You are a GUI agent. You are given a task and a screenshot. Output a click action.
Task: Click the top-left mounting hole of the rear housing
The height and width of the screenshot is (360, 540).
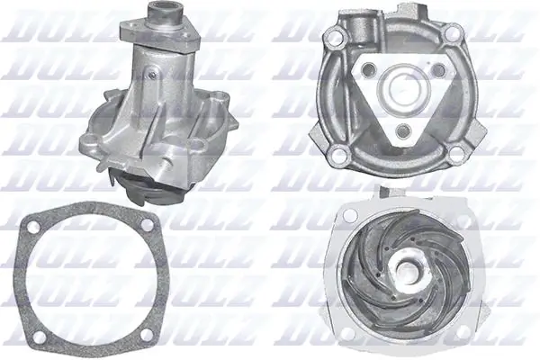coord(335,38)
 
